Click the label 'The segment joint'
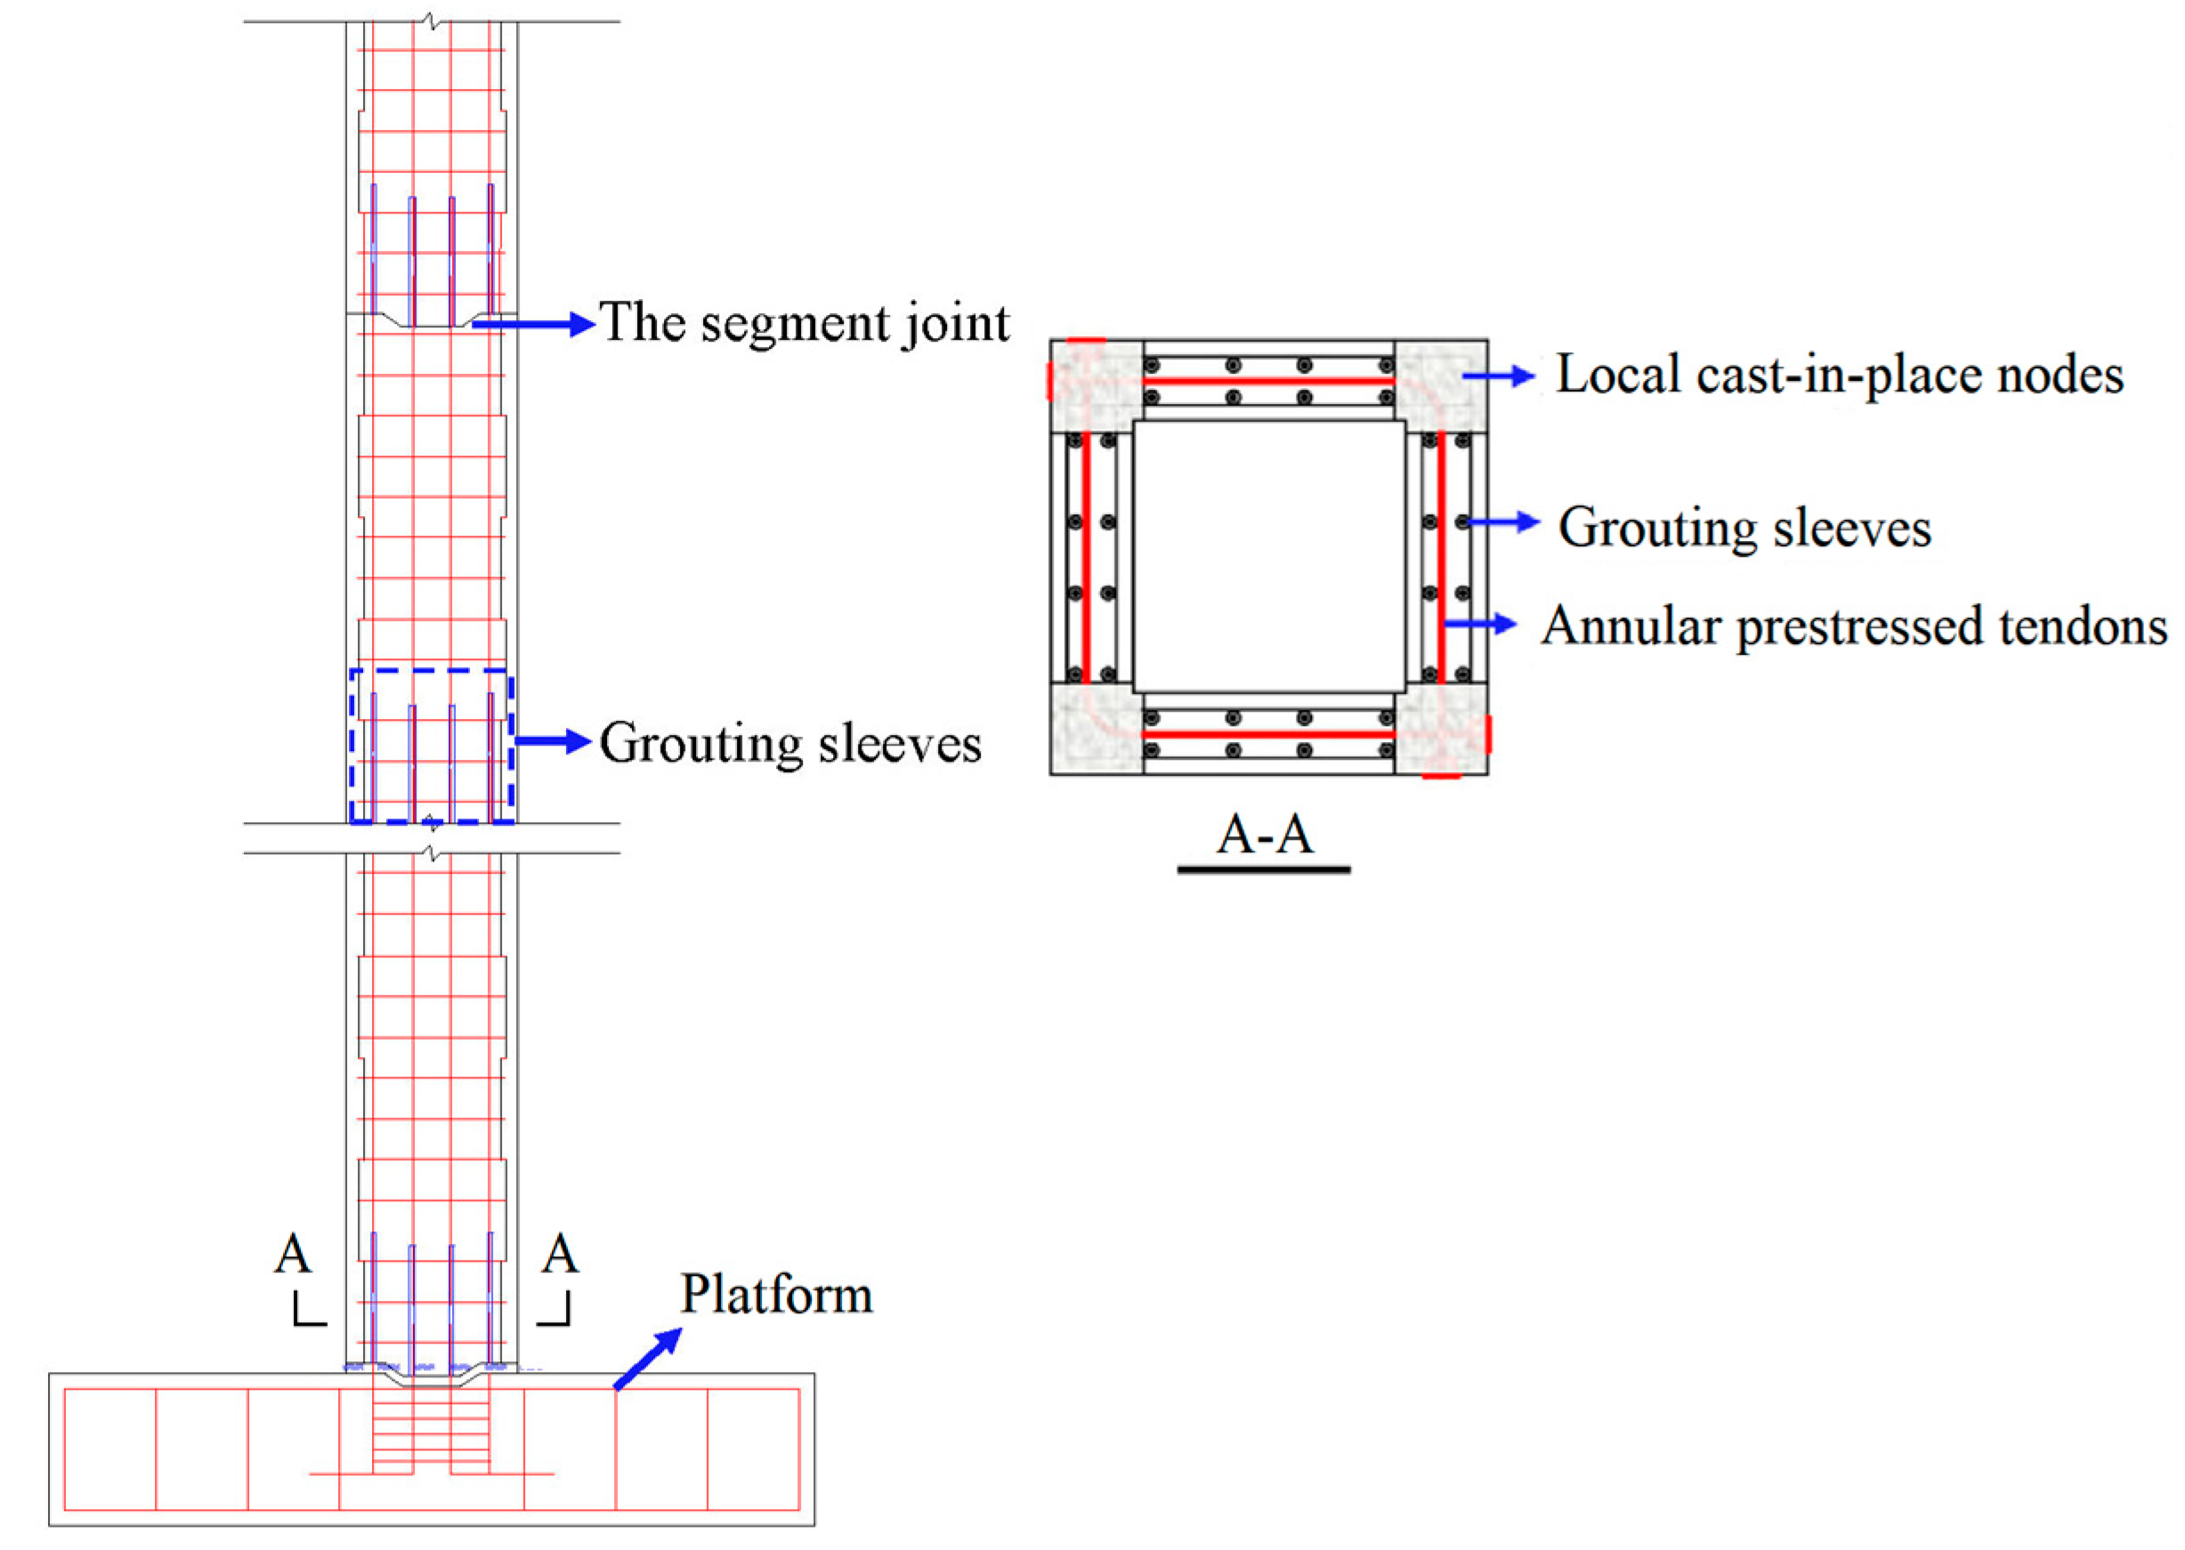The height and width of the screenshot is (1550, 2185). pyautogui.click(x=804, y=324)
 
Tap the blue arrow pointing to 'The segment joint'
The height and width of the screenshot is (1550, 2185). pyautogui.click(x=535, y=325)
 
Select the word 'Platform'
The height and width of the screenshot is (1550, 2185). pyautogui.click(x=776, y=1296)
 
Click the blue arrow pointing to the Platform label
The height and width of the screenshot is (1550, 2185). pyautogui.click(x=648, y=1358)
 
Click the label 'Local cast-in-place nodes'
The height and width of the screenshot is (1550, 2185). pyautogui.click(x=1840, y=374)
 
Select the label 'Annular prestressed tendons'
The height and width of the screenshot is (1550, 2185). pyautogui.click(x=1854, y=627)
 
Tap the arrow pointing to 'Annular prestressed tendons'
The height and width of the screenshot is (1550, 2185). pyautogui.click(x=1479, y=626)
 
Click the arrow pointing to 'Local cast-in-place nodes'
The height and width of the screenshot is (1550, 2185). pyautogui.click(x=1499, y=377)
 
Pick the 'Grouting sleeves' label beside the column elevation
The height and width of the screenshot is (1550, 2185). pyautogui.click(x=790, y=744)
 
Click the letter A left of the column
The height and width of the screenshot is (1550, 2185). pyautogui.click(x=293, y=1253)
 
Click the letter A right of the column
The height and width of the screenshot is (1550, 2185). pyautogui.click(x=561, y=1253)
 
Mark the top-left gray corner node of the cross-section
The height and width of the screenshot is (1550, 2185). pyautogui.click(x=1097, y=386)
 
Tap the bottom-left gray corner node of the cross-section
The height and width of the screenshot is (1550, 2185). pyautogui.click(x=1097, y=728)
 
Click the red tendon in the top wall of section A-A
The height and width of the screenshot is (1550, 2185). pyautogui.click(x=1268, y=382)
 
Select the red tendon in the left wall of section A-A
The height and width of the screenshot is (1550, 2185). pyautogui.click(x=1085, y=559)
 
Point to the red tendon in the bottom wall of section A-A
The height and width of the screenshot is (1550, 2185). pyautogui.click(x=1268, y=734)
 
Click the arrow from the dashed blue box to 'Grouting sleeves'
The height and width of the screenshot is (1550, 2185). pyautogui.click(x=554, y=741)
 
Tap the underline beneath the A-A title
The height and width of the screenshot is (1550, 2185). pyautogui.click(x=1264, y=869)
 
